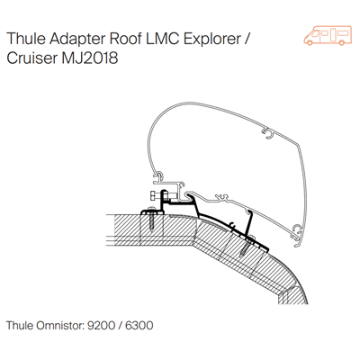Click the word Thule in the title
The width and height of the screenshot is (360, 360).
[25, 39]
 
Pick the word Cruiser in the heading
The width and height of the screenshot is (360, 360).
[31, 58]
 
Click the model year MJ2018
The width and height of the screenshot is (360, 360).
[90, 58]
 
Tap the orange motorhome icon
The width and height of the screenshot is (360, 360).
[328, 35]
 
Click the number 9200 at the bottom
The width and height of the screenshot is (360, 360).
[101, 325]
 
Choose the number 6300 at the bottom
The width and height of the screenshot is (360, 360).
[139, 325]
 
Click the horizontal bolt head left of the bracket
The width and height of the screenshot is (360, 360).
[152, 195]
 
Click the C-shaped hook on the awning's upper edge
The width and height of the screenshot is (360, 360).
[267, 133]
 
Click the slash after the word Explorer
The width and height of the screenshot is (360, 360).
[247, 40]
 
